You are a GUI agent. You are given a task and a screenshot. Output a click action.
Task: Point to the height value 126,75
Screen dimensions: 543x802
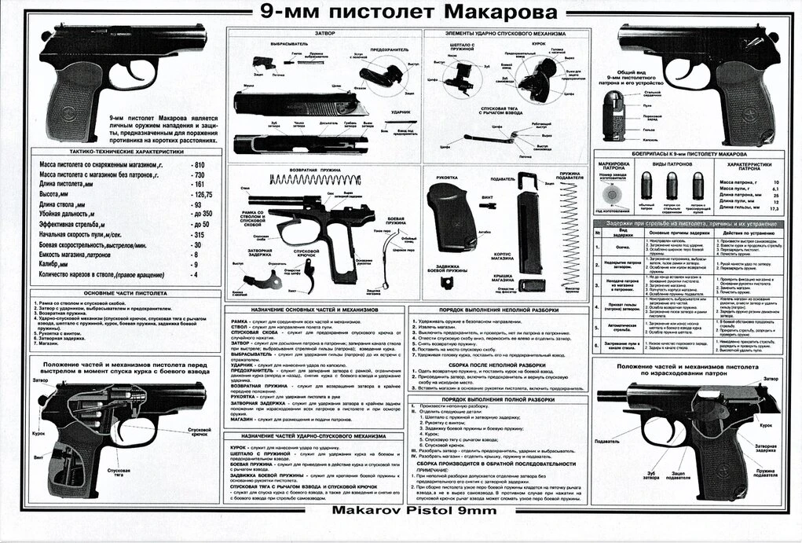[203, 193]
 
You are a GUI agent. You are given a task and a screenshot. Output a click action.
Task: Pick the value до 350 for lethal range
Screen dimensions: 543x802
[203, 214]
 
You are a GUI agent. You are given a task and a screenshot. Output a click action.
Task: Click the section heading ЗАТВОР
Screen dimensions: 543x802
[324, 34]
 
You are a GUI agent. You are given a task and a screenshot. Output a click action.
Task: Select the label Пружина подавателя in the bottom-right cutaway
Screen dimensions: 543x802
[767, 473]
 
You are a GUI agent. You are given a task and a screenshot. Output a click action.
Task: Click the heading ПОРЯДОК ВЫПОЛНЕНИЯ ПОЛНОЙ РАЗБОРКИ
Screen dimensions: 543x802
[497, 400]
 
